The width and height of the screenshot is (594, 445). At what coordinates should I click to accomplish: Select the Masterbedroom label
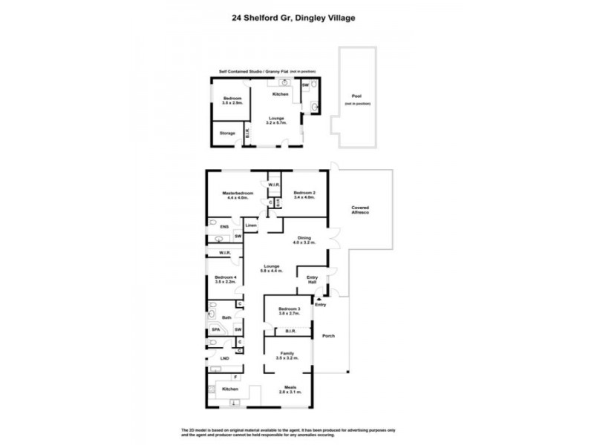tap(239, 194)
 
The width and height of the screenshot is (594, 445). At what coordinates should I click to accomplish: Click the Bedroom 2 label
tap(304, 194)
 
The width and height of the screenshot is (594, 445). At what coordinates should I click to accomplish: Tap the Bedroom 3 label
tap(289, 310)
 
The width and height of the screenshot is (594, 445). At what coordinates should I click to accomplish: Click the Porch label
tap(328, 336)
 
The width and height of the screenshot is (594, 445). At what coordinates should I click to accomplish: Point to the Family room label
tap(288, 355)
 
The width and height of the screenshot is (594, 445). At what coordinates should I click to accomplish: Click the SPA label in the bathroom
tap(216, 330)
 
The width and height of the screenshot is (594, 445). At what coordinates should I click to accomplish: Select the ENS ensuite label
tap(215, 226)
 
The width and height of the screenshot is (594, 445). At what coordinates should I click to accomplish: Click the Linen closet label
tap(251, 225)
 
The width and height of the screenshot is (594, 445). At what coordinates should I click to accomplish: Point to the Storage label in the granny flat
tap(227, 133)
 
